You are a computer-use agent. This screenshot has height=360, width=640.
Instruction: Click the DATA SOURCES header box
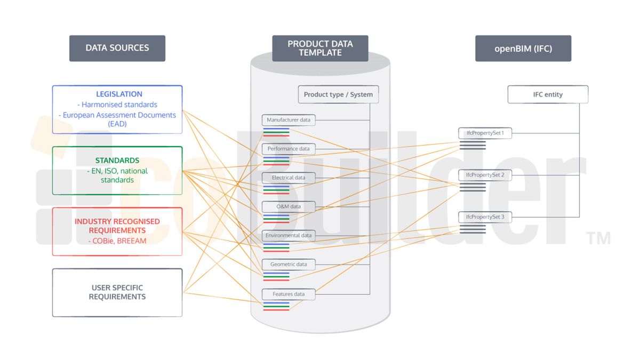(x=117, y=49)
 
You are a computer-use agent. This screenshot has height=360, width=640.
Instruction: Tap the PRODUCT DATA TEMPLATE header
(x=320, y=49)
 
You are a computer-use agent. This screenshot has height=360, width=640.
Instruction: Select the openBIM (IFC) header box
(x=523, y=49)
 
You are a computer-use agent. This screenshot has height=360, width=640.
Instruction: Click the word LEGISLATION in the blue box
(x=119, y=94)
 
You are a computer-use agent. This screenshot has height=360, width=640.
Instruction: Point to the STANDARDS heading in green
(x=117, y=161)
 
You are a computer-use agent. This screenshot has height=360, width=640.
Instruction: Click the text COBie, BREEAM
(x=117, y=241)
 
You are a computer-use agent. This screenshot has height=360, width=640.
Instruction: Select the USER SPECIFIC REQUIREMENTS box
(x=117, y=293)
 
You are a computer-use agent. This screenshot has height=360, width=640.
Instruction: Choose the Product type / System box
(x=338, y=94)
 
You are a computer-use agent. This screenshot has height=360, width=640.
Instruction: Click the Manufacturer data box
(x=289, y=120)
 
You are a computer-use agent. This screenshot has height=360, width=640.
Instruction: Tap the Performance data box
(x=289, y=149)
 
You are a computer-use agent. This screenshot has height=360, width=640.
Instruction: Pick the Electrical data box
(x=289, y=178)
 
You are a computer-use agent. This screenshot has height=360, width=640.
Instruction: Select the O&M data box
(x=289, y=206)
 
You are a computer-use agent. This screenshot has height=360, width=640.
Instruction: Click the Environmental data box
(x=289, y=235)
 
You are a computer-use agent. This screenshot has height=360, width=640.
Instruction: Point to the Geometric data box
(x=289, y=265)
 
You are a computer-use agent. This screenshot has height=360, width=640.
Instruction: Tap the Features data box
(x=289, y=294)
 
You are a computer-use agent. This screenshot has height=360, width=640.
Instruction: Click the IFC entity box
(x=548, y=94)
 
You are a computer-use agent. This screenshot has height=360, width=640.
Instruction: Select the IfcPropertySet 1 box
(x=485, y=133)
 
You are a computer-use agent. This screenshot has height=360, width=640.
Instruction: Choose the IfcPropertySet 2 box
(x=485, y=175)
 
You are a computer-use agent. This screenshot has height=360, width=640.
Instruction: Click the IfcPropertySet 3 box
(x=485, y=217)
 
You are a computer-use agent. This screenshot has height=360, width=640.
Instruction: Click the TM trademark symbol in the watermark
(x=598, y=238)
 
